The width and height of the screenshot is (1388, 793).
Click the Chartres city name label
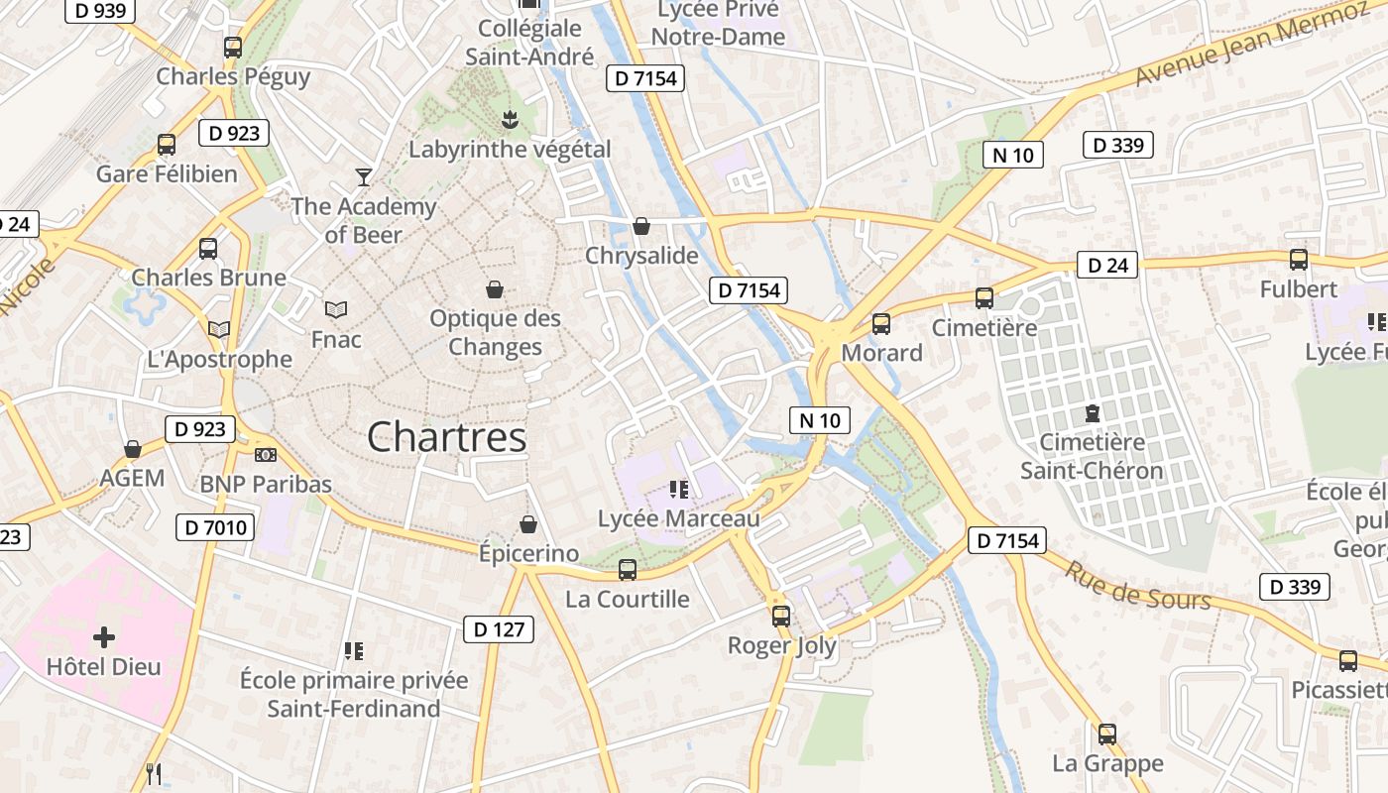coord(446,437)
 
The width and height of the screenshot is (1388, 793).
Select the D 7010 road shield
coord(215,527)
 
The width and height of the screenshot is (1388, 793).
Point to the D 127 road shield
coord(499,629)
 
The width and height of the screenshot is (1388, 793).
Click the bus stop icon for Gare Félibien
coord(167,145)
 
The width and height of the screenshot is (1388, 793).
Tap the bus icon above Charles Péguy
coord(233,47)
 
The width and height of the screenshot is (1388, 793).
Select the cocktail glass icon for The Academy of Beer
coord(364,177)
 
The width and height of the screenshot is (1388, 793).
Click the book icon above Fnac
coord(336,310)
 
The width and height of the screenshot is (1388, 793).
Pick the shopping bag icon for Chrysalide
coord(641,226)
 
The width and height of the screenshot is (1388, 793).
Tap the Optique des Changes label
coord(495,333)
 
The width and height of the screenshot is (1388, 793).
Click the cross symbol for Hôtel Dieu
coord(104,636)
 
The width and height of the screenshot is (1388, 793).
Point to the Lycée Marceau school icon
coord(679,489)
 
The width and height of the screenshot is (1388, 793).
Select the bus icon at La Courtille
coord(627,570)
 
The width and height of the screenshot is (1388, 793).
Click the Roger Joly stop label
coord(782,646)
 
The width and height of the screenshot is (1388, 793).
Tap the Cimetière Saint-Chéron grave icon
coord(1092,412)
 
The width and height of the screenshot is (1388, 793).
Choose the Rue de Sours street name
coord(1137,586)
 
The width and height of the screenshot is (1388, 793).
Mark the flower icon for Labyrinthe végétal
coord(510,120)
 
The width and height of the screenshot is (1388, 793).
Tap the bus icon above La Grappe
coord(1107,735)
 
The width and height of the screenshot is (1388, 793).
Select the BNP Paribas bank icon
coord(265,455)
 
